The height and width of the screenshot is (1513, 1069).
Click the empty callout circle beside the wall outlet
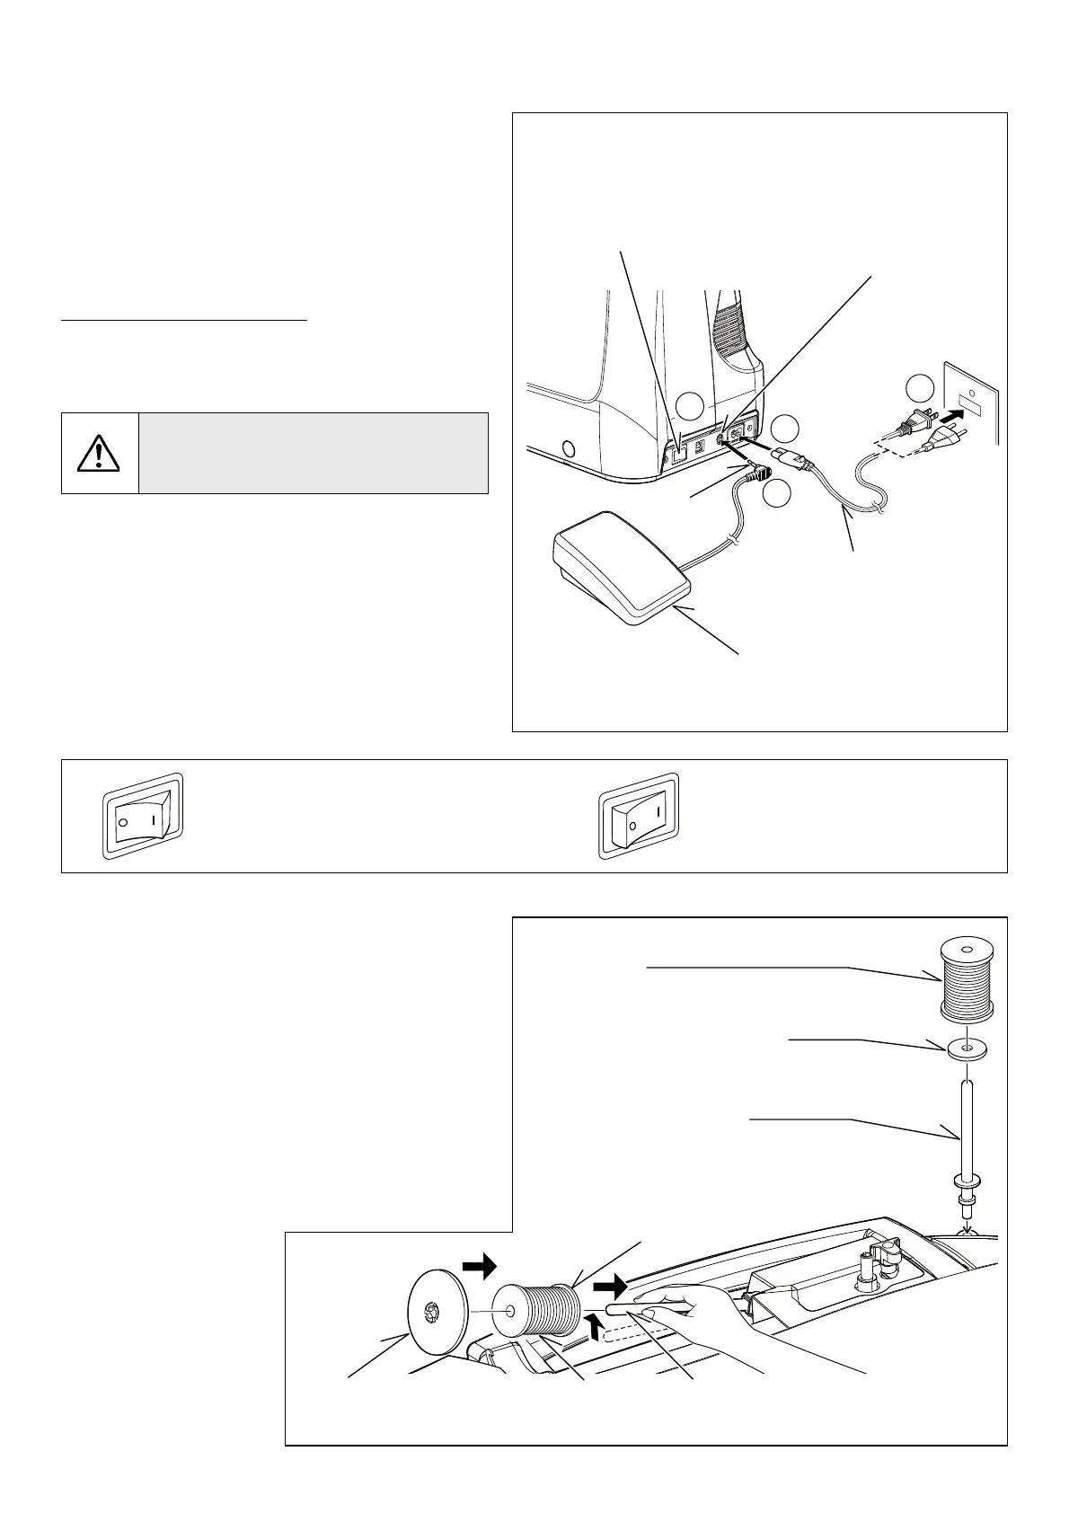(x=919, y=389)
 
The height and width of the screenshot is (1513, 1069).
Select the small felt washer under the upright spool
(x=966, y=1048)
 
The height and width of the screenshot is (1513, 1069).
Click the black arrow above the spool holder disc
(x=480, y=1268)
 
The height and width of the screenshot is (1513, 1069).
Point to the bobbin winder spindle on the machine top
(x=869, y=1268)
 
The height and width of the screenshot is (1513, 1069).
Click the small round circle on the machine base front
(x=567, y=447)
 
